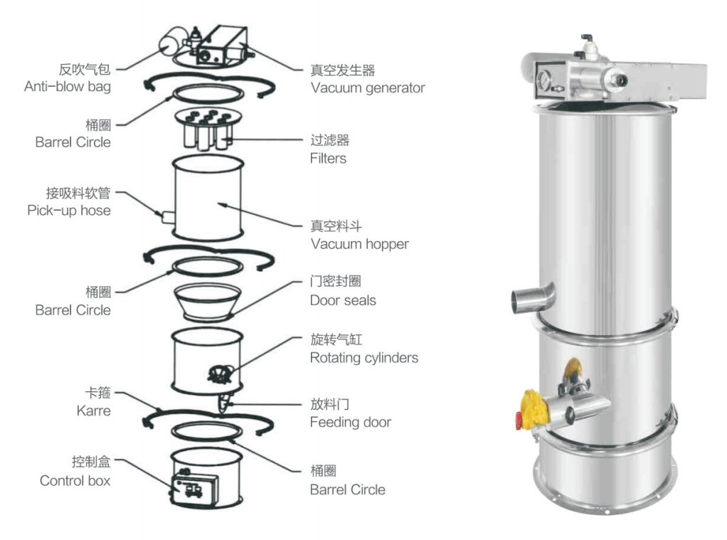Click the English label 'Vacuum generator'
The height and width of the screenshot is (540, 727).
(x=367, y=89)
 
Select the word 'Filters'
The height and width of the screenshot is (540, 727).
(x=328, y=158)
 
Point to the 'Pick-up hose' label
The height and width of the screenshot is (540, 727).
(x=69, y=211)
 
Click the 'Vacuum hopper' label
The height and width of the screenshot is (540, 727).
(x=359, y=244)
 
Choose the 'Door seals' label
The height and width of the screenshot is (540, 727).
(x=343, y=300)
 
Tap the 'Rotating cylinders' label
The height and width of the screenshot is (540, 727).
(x=363, y=358)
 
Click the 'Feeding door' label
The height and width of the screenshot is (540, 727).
(x=350, y=423)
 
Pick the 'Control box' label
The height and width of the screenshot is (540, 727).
(x=75, y=481)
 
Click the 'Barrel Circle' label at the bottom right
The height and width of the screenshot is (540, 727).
(x=347, y=490)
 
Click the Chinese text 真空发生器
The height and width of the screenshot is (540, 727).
(x=342, y=70)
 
